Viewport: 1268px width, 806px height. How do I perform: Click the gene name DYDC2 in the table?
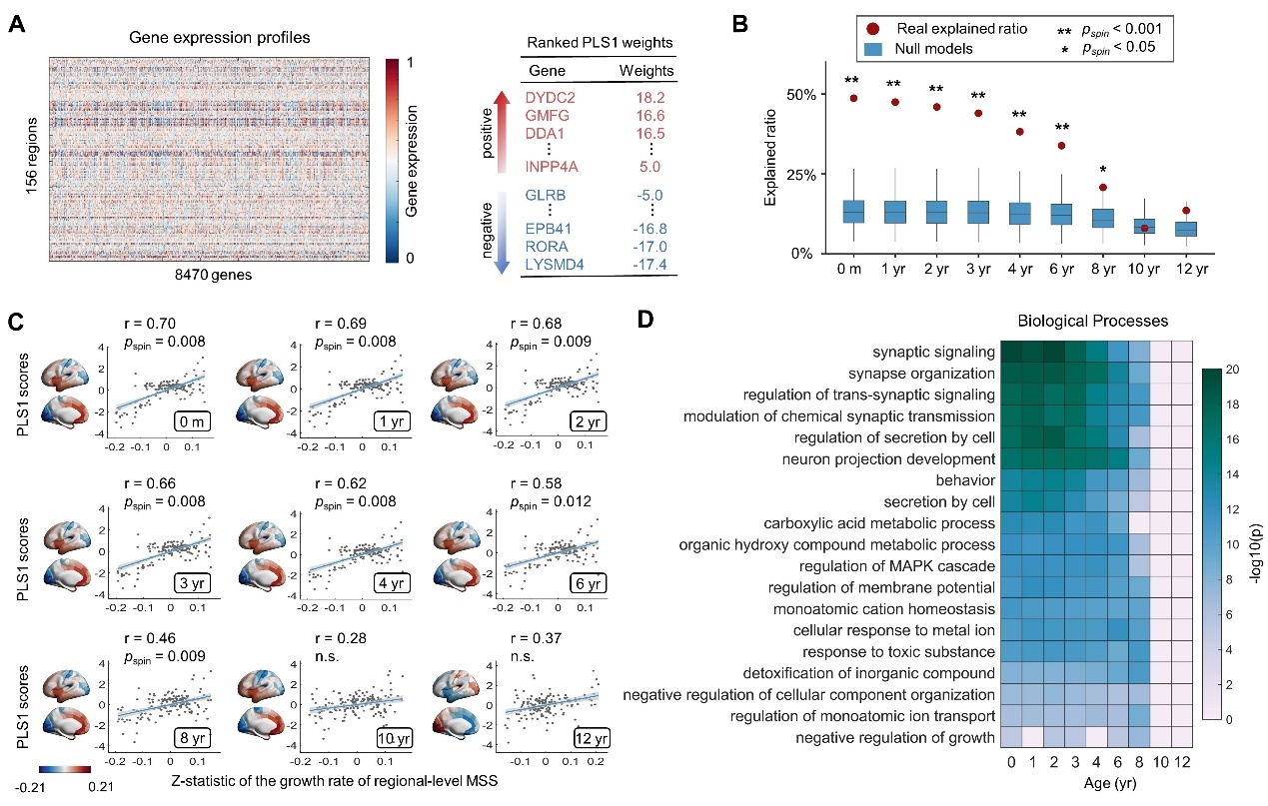point(550,97)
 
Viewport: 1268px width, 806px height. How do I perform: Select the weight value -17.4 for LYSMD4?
point(649,265)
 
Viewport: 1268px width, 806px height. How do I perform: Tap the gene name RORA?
point(547,247)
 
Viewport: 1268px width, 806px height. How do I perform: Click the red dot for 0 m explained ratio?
point(853,99)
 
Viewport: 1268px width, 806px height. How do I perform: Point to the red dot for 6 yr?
point(1061,146)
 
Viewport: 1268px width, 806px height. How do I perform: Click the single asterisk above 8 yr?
point(1103,170)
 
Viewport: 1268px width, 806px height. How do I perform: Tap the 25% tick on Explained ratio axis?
point(801,175)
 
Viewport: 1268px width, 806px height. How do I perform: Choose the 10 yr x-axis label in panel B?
point(1144,269)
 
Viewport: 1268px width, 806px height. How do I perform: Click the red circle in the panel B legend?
point(872,29)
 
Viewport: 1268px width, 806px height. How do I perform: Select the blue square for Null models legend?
point(873,49)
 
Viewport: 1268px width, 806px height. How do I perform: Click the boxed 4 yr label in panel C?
point(392,583)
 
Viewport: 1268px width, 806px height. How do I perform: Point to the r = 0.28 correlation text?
point(341,638)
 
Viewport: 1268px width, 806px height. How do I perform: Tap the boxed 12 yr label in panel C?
point(591,738)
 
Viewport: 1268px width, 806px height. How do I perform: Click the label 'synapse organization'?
point(921,374)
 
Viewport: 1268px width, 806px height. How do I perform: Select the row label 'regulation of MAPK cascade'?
point(896,566)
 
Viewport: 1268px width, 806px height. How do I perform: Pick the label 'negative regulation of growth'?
point(895,737)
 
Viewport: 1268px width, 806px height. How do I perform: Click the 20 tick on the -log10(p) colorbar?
point(1232,369)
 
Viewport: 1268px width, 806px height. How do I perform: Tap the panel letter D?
point(645,320)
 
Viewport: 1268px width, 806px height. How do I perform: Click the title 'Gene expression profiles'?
point(220,37)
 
